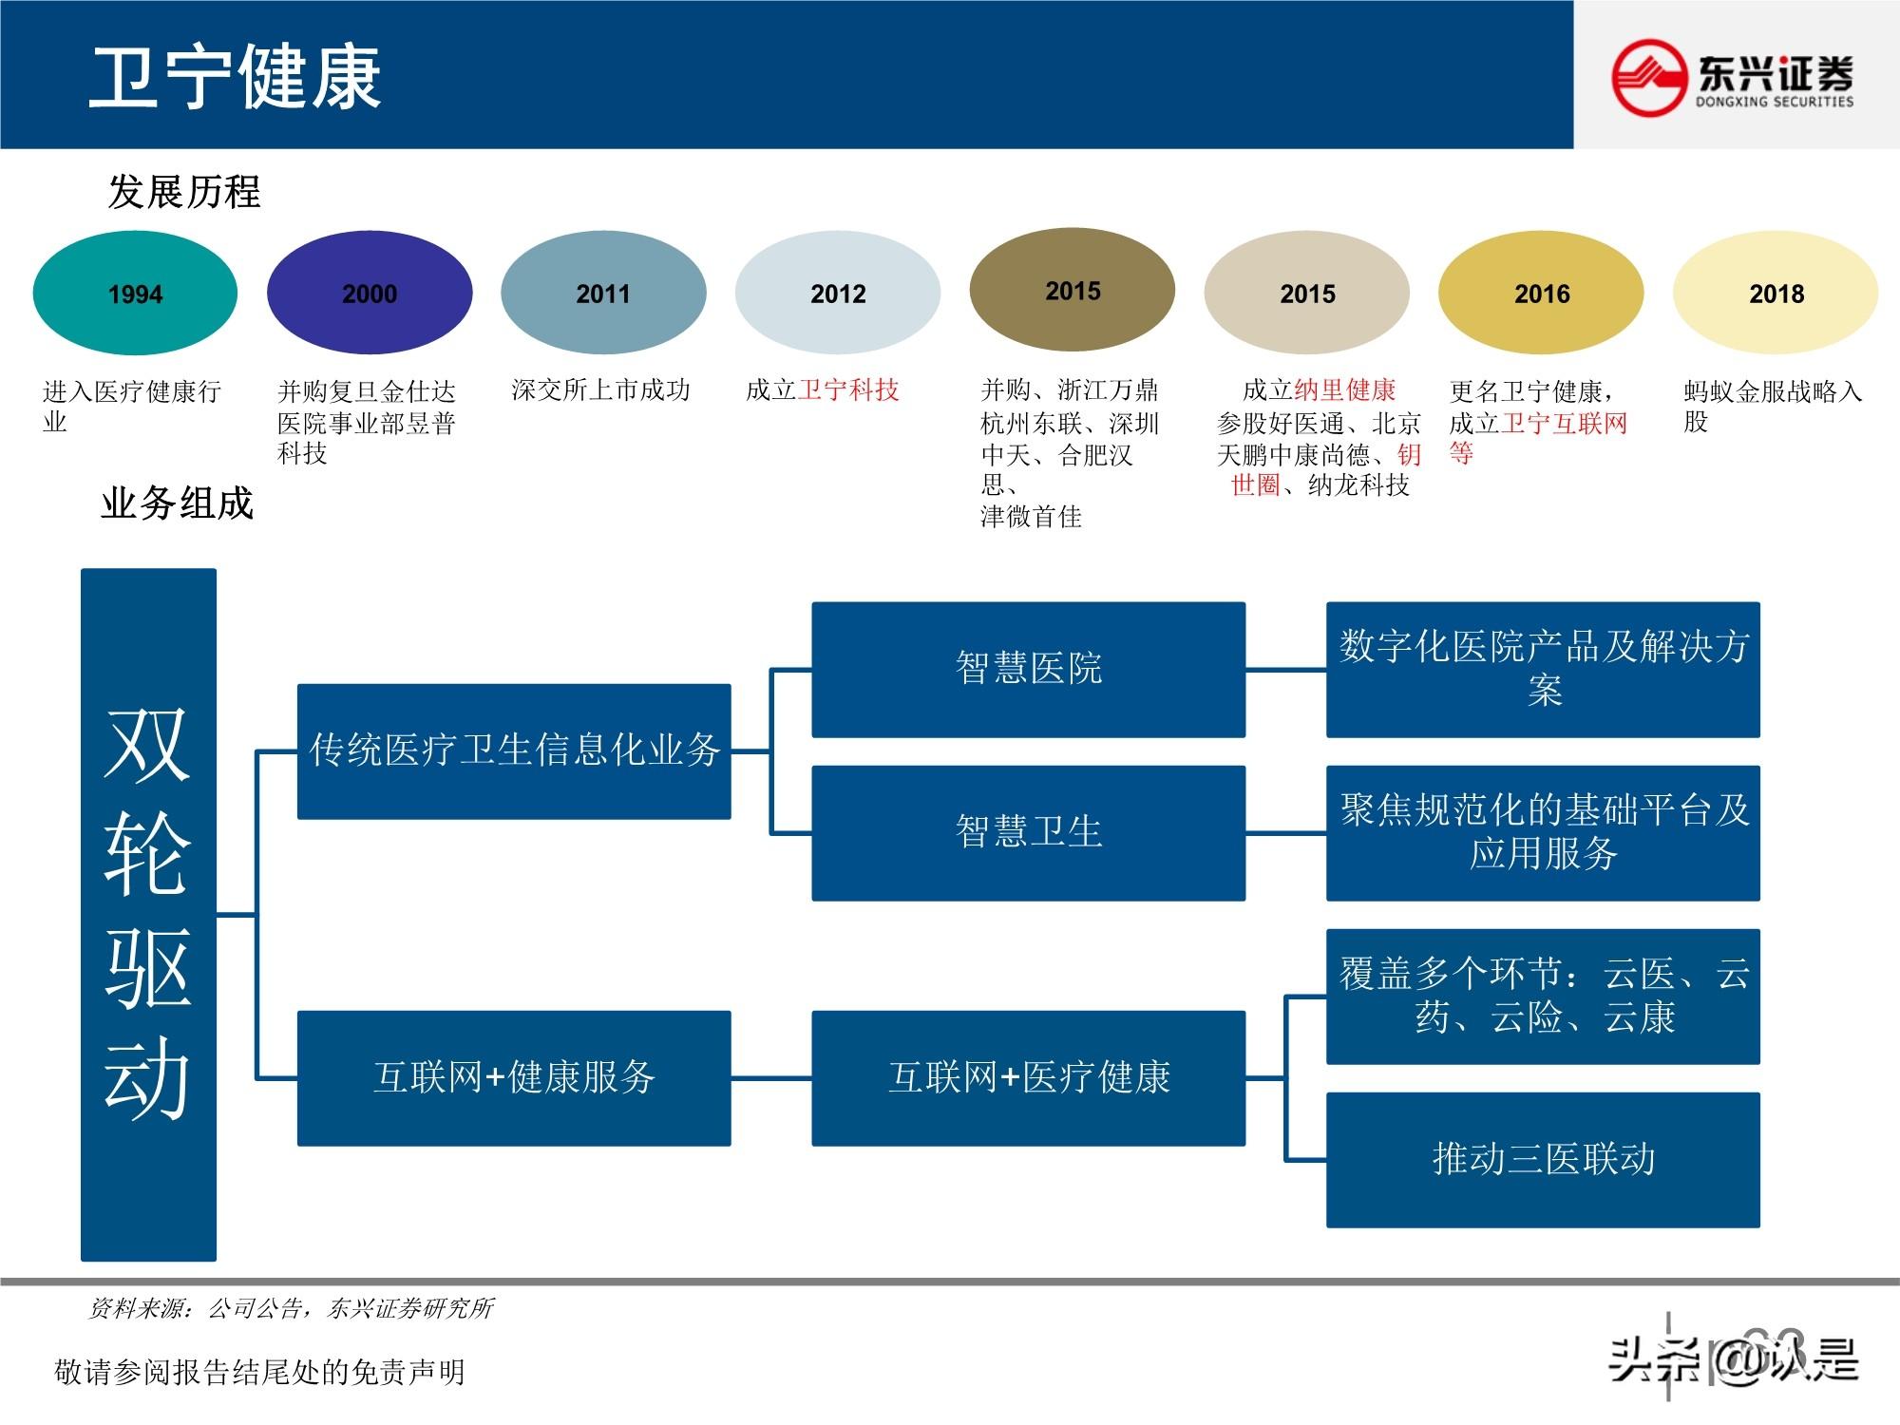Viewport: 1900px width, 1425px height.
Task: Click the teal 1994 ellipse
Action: [135, 293]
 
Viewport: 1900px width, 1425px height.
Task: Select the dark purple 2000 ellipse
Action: [370, 293]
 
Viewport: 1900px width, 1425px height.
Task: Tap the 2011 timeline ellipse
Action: [603, 293]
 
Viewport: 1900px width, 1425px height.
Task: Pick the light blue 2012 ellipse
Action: [838, 293]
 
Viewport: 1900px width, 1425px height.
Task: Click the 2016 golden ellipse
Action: [1541, 293]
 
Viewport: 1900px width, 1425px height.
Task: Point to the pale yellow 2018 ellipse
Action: [1776, 293]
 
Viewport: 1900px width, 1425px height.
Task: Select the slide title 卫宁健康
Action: [236, 76]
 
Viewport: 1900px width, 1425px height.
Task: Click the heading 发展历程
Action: [184, 192]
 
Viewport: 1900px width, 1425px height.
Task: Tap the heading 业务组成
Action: [178, 503]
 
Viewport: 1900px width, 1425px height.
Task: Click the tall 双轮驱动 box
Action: [148, 914]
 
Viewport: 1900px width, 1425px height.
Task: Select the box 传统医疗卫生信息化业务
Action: [514, 750]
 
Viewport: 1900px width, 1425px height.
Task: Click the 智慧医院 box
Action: [1028, 669]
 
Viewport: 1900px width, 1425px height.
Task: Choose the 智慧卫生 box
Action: [1028, 832]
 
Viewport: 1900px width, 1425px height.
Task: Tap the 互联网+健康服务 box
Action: [514, 1077]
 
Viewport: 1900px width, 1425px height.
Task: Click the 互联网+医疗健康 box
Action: [1028, 1077]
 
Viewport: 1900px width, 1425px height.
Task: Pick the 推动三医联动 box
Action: [1543, 1159]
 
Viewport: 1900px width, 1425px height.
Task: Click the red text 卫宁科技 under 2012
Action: [848, 389]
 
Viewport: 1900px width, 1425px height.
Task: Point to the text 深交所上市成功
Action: [600, 389]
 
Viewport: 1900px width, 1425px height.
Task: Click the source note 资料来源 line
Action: [291, 1308]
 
